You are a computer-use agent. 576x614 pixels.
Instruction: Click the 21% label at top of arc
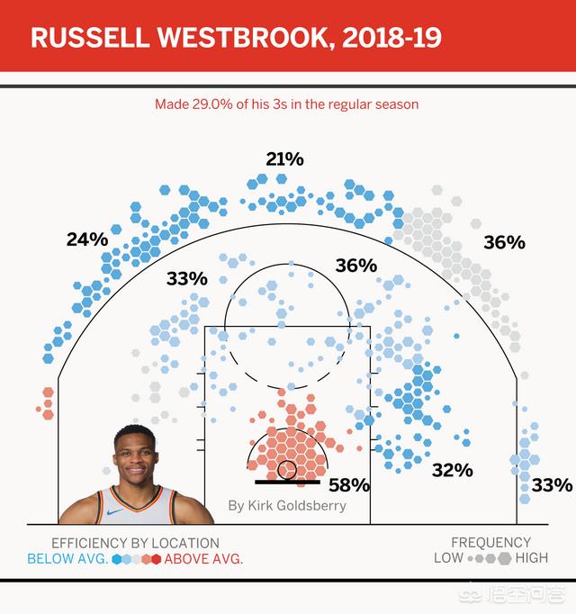point(284,159)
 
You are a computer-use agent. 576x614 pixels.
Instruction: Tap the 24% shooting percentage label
point(86,239)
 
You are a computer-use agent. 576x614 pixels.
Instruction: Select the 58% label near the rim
point(349,485)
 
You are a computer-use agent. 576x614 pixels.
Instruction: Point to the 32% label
point(452,470)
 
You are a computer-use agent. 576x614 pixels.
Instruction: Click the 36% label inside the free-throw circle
point(355,266)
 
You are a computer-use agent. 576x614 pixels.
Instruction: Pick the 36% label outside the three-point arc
point(503,242)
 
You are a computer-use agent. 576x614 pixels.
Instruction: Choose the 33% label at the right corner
point(552,485)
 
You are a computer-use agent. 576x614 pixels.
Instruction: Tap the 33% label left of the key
point(186,279)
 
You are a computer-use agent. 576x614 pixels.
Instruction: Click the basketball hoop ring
point(287,469)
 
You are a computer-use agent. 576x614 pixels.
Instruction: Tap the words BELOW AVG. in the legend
point(67,558)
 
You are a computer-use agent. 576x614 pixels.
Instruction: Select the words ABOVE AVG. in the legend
point(204,558)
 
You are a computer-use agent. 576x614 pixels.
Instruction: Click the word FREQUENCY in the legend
point(490,543)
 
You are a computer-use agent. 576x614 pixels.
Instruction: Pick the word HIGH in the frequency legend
point(531,558)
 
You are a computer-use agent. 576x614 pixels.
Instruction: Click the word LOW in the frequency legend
point(448,558)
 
